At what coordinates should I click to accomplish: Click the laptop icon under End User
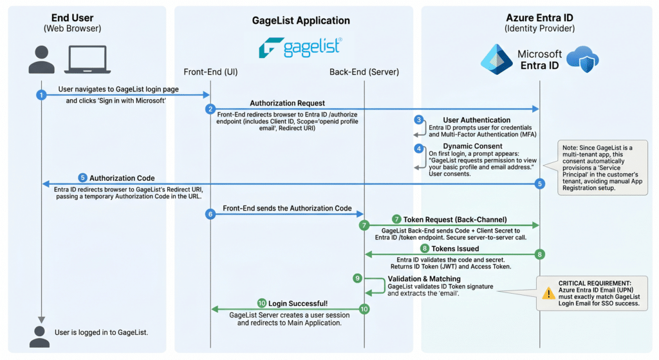(x=88, y=59)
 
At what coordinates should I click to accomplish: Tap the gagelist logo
(x=301, y=48)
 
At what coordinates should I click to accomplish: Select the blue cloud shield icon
(x=582, y=59)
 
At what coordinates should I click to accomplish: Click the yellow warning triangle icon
(x=548, y=293)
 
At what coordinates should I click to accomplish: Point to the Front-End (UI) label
(x=210, y=72)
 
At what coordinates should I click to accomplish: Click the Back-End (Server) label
(x=364, y=72)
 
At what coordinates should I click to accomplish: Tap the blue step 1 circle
(x=41, y=95)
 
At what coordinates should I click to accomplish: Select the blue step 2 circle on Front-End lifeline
(x=210, y=109)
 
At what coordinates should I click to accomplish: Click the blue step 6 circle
(x=210, y=214)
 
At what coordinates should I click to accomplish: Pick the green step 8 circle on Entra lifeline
(x=540, y=254)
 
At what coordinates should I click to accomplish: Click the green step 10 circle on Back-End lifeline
(x=364, y=309)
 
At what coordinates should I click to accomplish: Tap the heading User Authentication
(x=477, y=120)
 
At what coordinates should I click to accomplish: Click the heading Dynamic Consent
(x=472, y=146)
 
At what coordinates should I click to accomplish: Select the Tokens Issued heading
(x=455, y=249)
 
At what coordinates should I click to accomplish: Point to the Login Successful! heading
(x=298, y=303)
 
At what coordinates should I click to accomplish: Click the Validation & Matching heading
(x=424, y=279)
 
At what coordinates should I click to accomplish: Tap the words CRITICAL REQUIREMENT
(x=595, y=283)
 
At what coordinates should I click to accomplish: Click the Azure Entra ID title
(x=539, y=17)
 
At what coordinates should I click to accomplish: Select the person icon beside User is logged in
(x=39, y=336)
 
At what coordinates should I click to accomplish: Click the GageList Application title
(x=301, y=21)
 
